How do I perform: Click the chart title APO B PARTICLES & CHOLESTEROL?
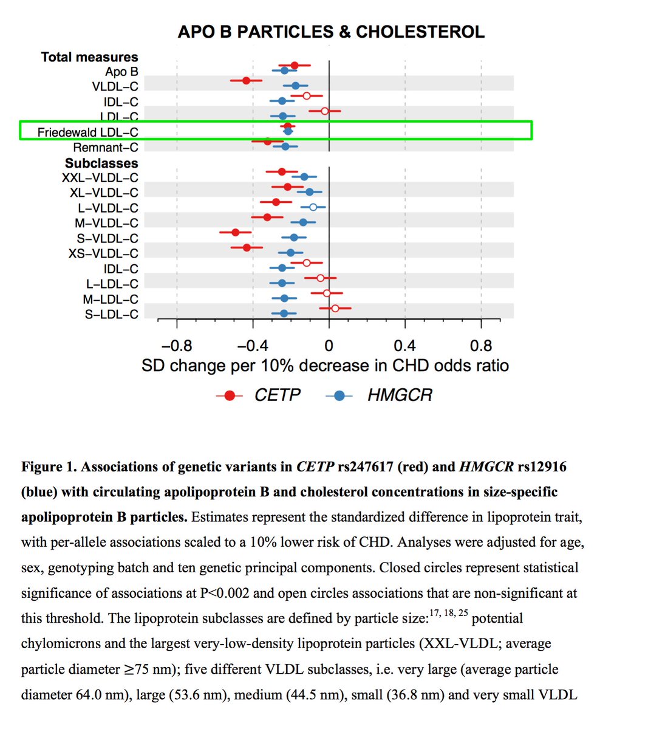tap(331, 32)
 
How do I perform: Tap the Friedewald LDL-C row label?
tap(87, 132)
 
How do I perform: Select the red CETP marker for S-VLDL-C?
tap(236, 232)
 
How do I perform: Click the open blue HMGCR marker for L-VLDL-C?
tap(313, 207)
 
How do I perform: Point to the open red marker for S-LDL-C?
tap(335, 309)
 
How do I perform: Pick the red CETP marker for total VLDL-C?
tap(246, 80)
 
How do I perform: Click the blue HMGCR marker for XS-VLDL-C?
tap(290, 253)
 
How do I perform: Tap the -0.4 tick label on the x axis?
tap(252, 346)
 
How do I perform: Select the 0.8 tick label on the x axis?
tap(481, 346)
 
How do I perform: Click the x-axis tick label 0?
tap(329, 346)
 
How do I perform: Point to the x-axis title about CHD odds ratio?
tap(325, 366)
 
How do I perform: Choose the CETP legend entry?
tap(277, 395)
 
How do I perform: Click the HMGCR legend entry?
tap(400, 395)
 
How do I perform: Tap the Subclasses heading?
tap(101, 163)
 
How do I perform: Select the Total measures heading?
tap(89, 57)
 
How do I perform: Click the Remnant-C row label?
tap(105, 148)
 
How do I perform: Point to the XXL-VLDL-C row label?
tap(100, 178)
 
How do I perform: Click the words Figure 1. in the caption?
tap(49, 467)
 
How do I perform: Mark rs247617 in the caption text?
tap(364, 467)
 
